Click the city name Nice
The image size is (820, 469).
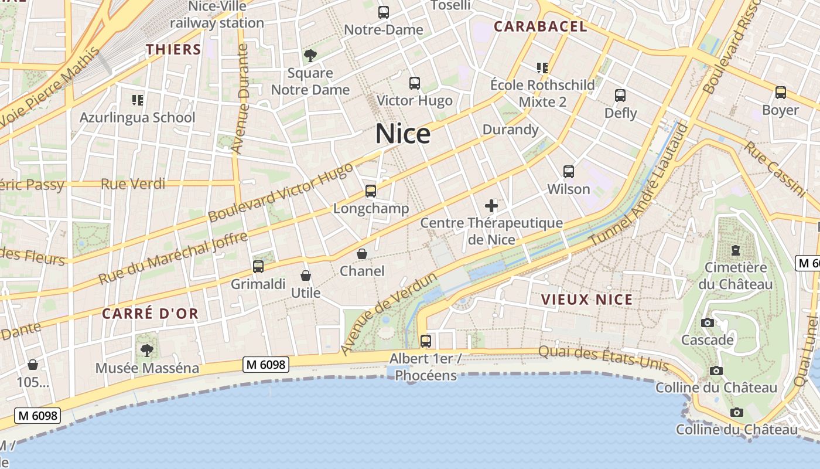click(x=403, y=134)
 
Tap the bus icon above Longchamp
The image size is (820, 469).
click(x=370, y=191)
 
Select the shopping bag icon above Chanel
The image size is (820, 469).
click(x=362, y=254)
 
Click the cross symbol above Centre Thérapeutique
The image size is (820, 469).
click(x=491, y=206)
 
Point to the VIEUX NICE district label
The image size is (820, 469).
click(x=586, y=300)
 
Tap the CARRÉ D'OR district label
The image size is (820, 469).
click(x=151, y=314)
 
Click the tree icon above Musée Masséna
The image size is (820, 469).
click(x=146, y=351)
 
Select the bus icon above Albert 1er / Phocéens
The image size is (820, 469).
click(x=426, y=341)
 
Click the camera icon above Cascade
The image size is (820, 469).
click(x=707, y=322)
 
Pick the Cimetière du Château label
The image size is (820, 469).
click(x=735, y=276)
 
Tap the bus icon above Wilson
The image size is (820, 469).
click(x=568, y=172)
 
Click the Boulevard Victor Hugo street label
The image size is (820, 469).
click(x=281, y=192)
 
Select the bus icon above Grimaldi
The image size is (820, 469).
click(x=258, y=267)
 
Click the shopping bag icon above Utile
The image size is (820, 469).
click(x=305, y=276)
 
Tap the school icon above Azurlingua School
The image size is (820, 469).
click(x=138, y=100)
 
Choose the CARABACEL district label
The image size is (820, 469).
click(x=540, y=26)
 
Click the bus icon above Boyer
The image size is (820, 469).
click(x=780, y=93)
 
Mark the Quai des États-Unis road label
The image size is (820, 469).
click(x=603, y=357)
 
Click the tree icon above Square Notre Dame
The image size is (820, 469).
click(x=310, y=56)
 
